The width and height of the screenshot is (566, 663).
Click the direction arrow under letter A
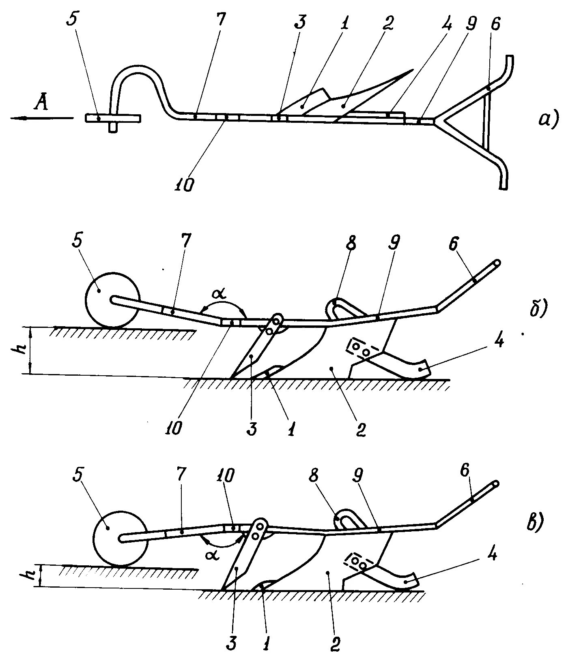click(x=41, y=118)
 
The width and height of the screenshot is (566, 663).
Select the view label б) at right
click(x=538, y=309)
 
